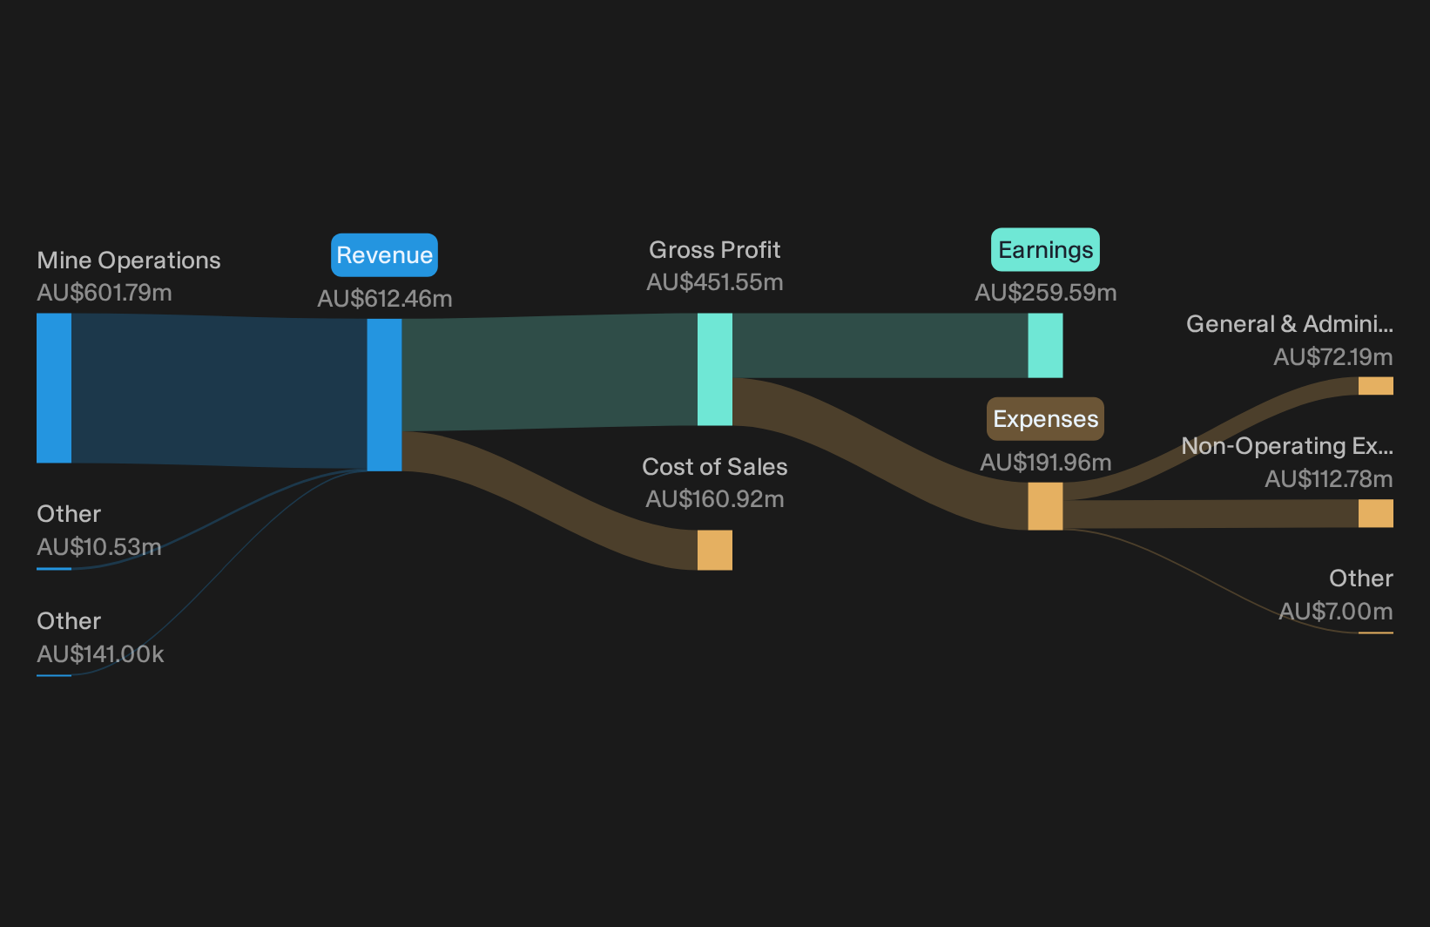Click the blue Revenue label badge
(x=384, y=255)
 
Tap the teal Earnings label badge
(x=1045, y=250)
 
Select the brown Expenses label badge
(x=1045, y=419)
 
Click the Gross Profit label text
(x=714, y=250)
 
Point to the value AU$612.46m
(x=384, y=298)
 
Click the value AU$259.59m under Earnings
(x=1045, y=293)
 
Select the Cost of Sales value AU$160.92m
(x=714, y=499)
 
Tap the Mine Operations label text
(x=128, y=261)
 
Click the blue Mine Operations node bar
(x=54, y=388)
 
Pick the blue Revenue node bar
(x=384, y=395)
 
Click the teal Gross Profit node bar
(x=714, y=369)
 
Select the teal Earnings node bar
(x=1045, y=346)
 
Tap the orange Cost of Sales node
(x=714, y=550)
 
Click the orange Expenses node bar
(x=1045, y=506)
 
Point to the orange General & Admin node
(x=1376, y=386)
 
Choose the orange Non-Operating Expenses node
(x=1376, y=513)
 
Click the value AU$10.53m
(x=99, y=547)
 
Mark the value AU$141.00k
(x=100, y=654)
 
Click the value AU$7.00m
(x=1336, y=612)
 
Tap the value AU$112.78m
(x=1328, y=478)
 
